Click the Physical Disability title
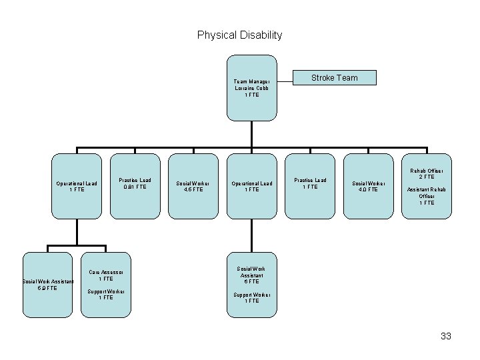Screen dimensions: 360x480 click(239, 35)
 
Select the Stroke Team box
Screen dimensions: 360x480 click(335, 78)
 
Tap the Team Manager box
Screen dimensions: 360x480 click(251, 87)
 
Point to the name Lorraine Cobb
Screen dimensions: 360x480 click(251, 88)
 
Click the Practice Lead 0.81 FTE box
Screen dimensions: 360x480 click(135, 185)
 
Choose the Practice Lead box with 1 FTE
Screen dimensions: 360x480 click(310, 185)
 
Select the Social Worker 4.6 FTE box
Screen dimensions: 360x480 click(193, 186)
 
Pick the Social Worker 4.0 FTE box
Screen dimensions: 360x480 click(369, 186)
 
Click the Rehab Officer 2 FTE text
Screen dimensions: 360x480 click(427, 174)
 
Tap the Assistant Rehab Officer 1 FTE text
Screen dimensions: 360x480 click(427, 196)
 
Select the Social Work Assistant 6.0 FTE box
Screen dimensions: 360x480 click(47, 283)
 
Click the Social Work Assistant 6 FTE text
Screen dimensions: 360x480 click(251, 274)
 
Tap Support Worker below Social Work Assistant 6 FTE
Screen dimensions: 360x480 click(251, 297)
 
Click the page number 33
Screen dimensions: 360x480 click(446, 336)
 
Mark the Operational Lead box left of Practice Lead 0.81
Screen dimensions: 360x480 click(77, 186)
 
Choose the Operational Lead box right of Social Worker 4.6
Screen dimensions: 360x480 click(251, 186)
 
